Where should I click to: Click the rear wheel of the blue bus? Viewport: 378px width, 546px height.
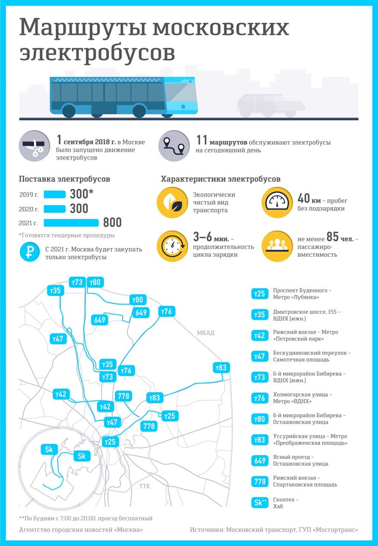click(69, 110)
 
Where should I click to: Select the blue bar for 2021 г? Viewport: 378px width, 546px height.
click(71, 223)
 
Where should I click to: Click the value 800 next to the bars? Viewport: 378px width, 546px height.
click(112, 223)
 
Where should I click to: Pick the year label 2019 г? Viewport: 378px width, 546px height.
click(28, 195)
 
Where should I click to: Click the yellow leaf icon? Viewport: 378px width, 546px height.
click(171, 203)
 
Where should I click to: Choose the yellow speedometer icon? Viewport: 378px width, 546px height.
click(276, 203)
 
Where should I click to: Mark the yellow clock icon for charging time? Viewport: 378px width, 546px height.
click(171, 245)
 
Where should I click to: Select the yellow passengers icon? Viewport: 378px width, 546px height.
click(276, 245)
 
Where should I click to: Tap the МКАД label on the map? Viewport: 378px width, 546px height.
click(205, 333)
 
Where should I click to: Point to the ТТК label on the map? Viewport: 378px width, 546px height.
click(144, 486)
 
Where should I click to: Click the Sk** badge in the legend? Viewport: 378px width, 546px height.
click(259, 502)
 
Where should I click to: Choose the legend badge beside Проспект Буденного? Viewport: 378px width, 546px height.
click(259, 294)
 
